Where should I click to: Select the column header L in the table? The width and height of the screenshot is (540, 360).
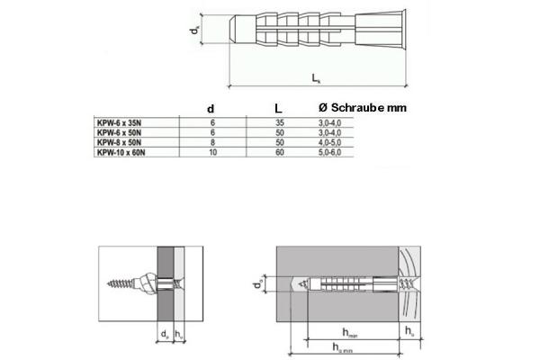tap(279, 109)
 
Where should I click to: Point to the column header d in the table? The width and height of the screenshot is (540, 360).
tap(211, 109)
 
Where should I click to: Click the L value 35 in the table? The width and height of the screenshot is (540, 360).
tap(279, 121)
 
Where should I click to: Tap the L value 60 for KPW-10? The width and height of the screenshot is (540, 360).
tap(279, 153)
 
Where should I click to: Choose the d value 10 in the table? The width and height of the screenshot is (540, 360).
tap(212, 153)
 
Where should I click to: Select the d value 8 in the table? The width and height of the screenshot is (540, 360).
tap(212, 142)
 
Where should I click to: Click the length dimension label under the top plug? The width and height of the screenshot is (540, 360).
tap(318, 79)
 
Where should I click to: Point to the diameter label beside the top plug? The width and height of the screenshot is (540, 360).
tap(195, 31)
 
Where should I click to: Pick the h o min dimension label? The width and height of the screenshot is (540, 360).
tap(338, 348)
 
